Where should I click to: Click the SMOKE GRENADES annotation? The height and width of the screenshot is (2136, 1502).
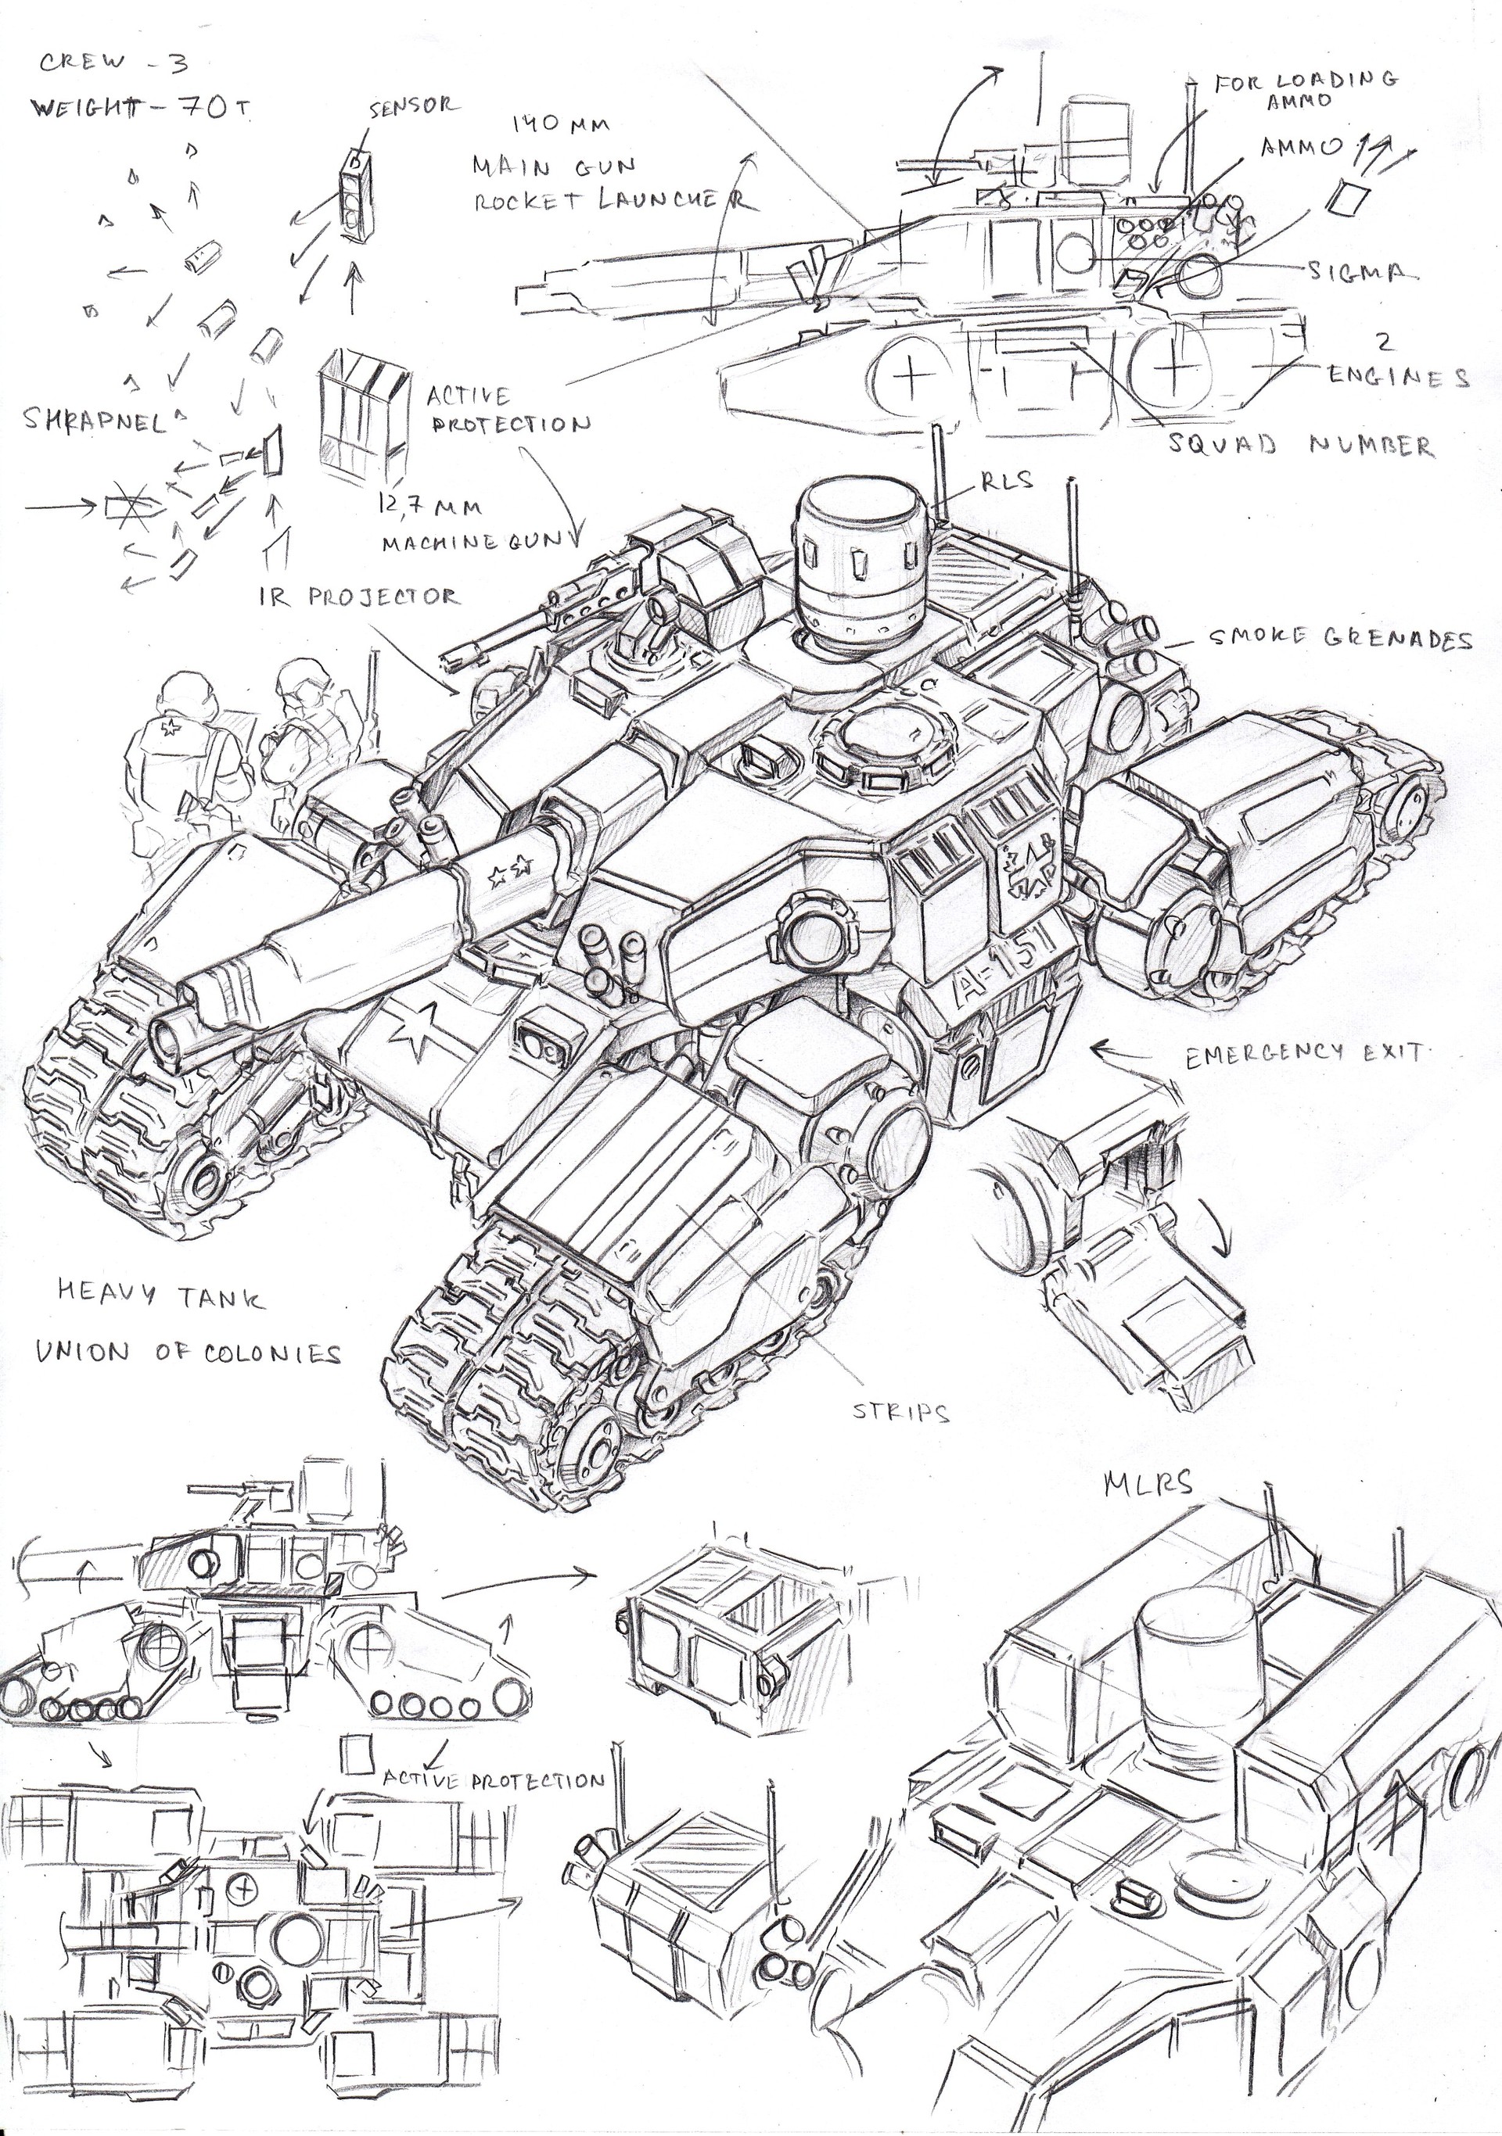(x=1340, y=639)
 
